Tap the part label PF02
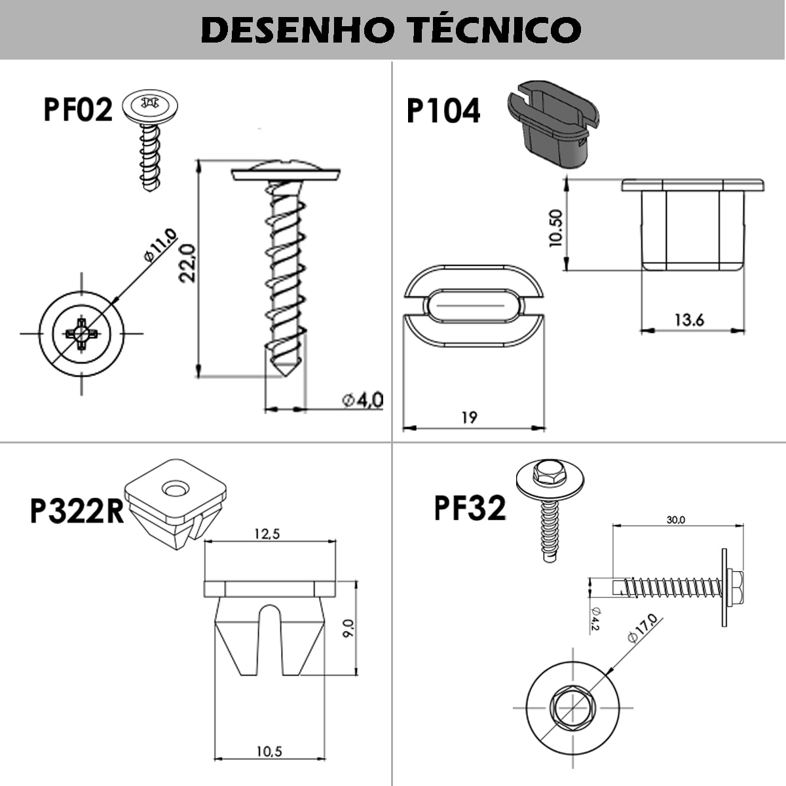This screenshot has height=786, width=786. point(78,109)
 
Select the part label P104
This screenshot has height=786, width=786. point(443,111)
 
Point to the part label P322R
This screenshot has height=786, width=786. point(77,511)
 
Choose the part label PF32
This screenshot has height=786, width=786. point(470,508)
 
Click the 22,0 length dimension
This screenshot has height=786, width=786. point(189,263)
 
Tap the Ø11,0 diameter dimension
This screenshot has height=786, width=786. point(160,245)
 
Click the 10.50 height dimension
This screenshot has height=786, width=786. point(556,228)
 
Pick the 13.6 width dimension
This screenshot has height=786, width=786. point(689,320)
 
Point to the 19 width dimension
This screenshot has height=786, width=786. point(469,417)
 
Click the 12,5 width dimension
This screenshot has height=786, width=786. point(267,534)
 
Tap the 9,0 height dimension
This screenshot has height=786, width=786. point(348,629)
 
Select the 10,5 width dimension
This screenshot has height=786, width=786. point(269,751)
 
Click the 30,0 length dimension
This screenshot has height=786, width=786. point(676,519)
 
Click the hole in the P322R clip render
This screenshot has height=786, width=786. point(175,489)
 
